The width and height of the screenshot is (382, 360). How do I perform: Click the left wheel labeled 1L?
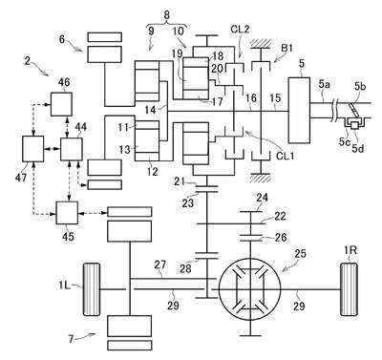point(92,289)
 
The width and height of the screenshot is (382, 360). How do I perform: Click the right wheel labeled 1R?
point(350,289)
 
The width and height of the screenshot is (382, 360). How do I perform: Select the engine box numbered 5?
point(299,110)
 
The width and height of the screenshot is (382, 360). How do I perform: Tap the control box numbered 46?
point(61,104)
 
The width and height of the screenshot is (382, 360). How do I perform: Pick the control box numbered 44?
point(71,149)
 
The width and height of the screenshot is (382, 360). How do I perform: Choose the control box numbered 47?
point(32,149)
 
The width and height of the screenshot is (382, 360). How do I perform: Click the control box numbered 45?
point(67,213)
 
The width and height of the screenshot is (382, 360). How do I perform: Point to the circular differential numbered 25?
point(250,289)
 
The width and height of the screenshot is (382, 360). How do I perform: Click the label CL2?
point(240,30)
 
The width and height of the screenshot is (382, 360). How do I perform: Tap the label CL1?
point(286,157)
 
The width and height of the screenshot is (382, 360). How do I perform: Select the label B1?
point(286,49)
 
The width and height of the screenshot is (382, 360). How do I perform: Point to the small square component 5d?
point(353,125)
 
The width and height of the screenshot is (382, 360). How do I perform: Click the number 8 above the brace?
point(167,15)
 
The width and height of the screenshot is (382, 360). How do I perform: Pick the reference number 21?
point(180,181)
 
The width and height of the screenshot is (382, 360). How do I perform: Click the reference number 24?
point(262,199)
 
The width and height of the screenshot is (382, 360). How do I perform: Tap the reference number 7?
point(71,339)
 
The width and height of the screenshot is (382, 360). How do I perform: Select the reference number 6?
point(62,39)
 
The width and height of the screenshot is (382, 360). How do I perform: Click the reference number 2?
point(28,60)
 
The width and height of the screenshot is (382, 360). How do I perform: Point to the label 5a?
point(325,84)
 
